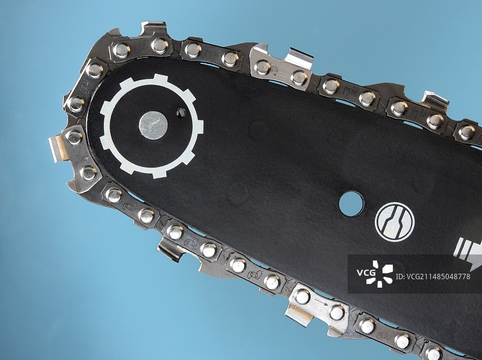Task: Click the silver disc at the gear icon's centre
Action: tap(153, 125)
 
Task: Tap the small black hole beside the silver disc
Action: tap(181, 113)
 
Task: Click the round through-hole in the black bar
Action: tap(351, 203)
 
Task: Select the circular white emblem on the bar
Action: tap(395, 222)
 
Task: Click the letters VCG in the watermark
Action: tap(366, 273)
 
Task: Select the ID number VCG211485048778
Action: tap(433, 277)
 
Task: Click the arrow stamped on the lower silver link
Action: tap(321, 303)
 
